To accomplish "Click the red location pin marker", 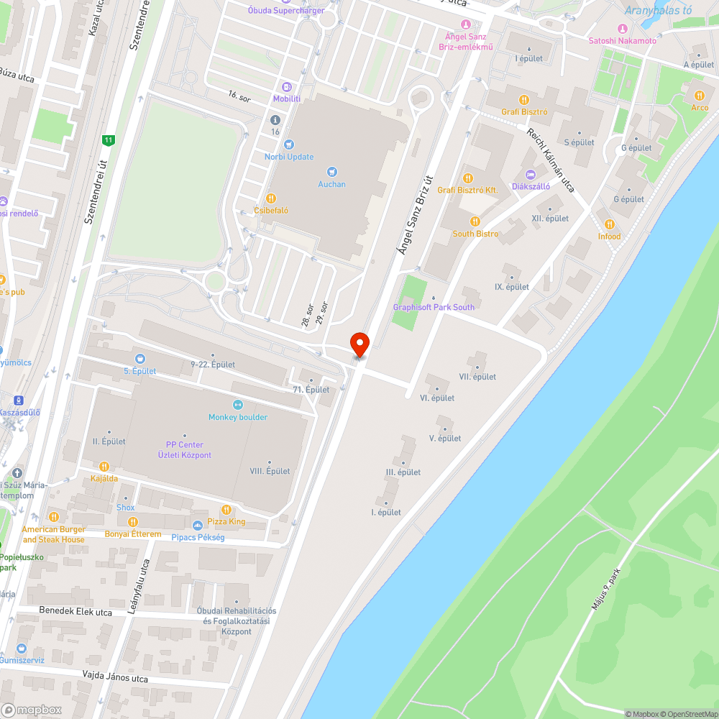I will [359, 344].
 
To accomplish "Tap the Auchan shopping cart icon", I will [331, 171].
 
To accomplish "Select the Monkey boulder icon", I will [238, 405].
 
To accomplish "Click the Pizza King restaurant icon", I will [227, 509].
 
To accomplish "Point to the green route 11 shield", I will [109, 140].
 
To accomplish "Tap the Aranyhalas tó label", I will [658, 10].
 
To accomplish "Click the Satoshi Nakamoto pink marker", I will [623, 28].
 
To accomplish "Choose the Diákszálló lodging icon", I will [531, 174].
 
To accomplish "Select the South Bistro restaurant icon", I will [475, 221].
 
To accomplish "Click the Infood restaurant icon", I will [610, 224].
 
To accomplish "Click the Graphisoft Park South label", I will [434, 307].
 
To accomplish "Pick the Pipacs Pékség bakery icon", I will [198, 525].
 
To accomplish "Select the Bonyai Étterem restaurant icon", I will [132, 522].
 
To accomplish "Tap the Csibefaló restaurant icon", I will [271, 198].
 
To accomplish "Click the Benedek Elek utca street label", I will [75, 613].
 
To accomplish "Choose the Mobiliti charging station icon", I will [287, 86].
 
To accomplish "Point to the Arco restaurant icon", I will [700, 96].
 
